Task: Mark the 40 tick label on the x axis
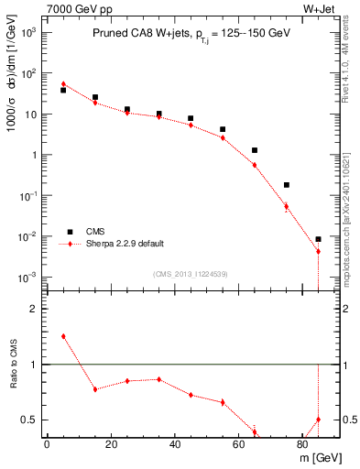pyautogui.click(x=174, y=444)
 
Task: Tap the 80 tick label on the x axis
pyautogui.click(x=302, y=444)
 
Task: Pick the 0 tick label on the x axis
pyautogui.click(x=47, y=444)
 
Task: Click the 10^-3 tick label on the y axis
pyautogui.click(x=27, y=277)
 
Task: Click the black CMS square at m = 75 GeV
pyautogui.click(x=287, y=185)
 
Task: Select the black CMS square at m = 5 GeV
pyautogui.click(x=63, y=90)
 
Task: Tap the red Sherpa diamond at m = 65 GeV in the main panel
pyautogui.click(x=255, y=165)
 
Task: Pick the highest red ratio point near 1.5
pyautogui.click(x=63, y=336)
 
